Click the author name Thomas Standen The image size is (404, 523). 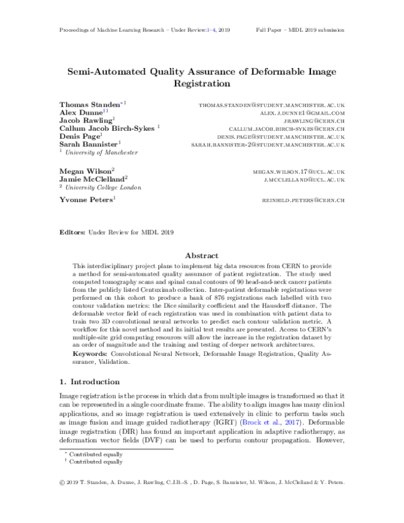(88, 105)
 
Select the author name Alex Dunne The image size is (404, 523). (77, 115)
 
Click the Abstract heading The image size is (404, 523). (201, 256)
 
